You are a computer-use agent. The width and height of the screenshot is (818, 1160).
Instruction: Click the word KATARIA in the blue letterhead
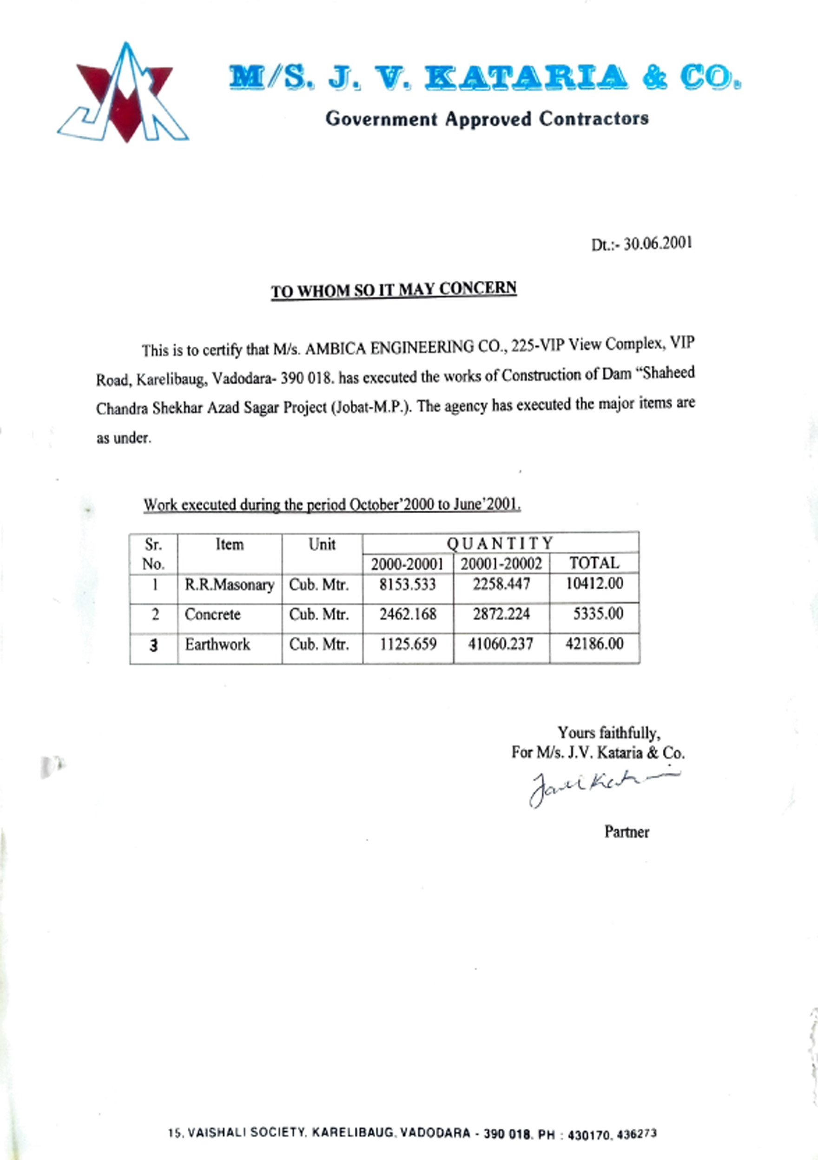click(526, 77)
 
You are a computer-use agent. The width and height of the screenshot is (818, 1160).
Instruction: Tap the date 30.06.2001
click(658, 244)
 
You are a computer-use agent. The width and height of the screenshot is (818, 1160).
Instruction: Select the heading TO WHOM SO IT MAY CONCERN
click(394, 290)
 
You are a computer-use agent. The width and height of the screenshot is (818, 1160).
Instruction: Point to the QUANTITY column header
click(500, 543)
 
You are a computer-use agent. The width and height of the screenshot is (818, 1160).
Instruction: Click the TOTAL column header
click(594, 563)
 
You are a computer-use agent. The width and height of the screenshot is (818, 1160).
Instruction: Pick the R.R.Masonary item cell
click(230, 585)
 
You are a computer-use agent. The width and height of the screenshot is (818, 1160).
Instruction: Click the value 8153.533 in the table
click(408, 585)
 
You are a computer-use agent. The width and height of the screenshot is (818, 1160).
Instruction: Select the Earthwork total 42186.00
click(594, 644)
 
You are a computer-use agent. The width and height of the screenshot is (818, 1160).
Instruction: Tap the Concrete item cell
click(213, 614)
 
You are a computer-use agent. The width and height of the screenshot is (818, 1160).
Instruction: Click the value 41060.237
click(501, 644)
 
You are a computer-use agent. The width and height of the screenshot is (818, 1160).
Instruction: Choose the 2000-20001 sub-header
click(407, 564)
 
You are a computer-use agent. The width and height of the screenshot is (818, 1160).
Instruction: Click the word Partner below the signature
click(627, 832)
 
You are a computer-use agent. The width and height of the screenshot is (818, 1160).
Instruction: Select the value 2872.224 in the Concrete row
click(501, 614)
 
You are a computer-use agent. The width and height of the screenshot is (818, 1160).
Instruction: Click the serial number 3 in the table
click(154, 646)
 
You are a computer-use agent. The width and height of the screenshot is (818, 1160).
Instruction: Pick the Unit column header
click(322, 544)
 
